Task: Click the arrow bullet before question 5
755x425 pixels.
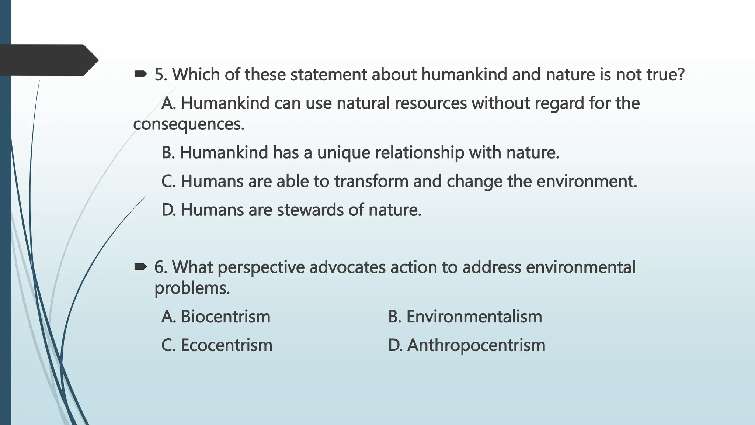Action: (140, 75)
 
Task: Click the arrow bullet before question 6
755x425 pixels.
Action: (140, 267)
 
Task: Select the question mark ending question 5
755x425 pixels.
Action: (681, 75)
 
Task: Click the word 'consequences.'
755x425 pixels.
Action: (189, 125)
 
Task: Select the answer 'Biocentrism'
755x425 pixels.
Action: (225, 317)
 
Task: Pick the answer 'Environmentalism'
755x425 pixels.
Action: (474, 317)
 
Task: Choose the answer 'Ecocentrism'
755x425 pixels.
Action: (226, 346)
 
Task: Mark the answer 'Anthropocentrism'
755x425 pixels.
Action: (476, 346)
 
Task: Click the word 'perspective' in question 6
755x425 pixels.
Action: (261, 268)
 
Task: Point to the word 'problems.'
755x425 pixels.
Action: (192, 288)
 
